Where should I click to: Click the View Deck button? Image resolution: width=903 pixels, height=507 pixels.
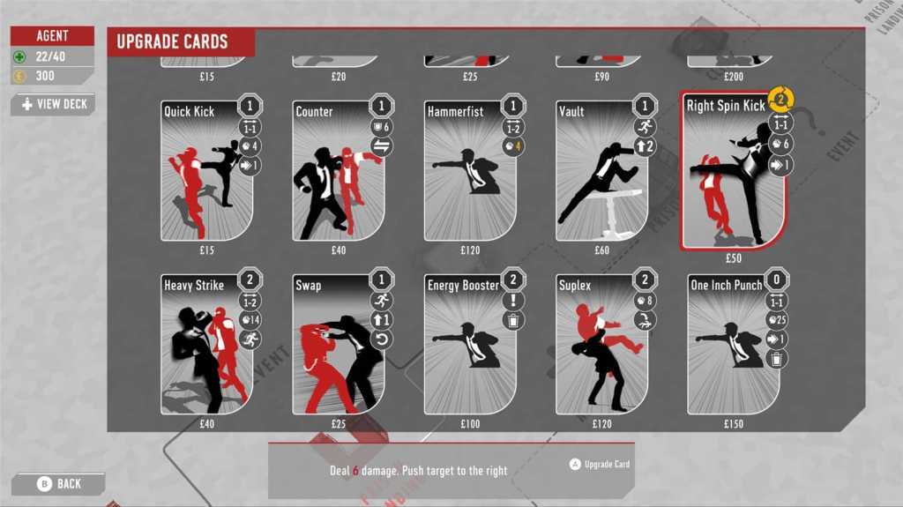coord(53,104)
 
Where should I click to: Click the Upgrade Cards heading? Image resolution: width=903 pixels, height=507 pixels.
coord(172,41)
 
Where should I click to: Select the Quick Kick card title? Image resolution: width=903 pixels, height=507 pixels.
coord(189,112)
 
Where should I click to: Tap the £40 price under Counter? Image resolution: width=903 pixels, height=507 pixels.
coord(339,250)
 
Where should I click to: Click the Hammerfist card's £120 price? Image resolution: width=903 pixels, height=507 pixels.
coord(470,250)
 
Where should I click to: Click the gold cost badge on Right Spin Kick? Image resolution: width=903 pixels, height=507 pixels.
coord(780,99)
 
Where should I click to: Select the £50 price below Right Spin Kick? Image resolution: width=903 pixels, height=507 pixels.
coord(733,259)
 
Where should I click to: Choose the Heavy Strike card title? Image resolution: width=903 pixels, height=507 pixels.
coord(194,286)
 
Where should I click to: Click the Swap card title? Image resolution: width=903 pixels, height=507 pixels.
coord(309,286)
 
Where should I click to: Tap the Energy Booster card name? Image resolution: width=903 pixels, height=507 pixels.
coord(463,286)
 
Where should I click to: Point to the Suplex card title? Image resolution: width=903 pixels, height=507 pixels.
coord(575,286)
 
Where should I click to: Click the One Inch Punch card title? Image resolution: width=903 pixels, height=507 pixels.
coord(727,286)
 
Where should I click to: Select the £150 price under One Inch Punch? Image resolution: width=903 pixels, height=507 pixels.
coord(733,424)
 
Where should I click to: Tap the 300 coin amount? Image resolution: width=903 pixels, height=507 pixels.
coord(45,76)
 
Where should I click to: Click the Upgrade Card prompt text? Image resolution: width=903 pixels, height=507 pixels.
coord(607,464)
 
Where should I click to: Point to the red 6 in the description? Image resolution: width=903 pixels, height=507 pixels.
coord(356,471)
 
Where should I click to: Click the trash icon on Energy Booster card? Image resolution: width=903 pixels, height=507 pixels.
coord(513,321)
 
